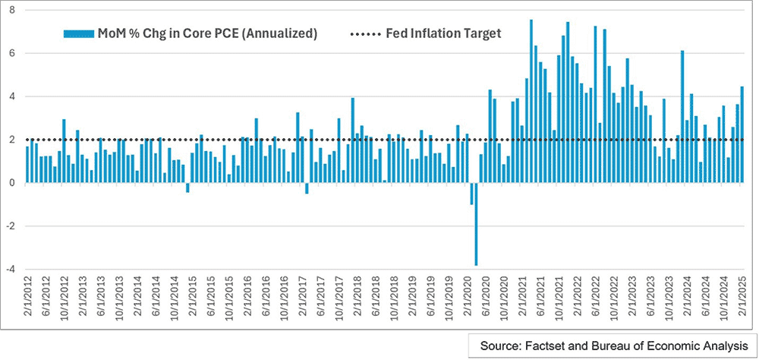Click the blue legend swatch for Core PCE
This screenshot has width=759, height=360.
click(x=78, y=34)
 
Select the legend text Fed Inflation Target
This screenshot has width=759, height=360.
click(x=443, y=33)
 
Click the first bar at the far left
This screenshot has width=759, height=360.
click(x=27, y=164)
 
